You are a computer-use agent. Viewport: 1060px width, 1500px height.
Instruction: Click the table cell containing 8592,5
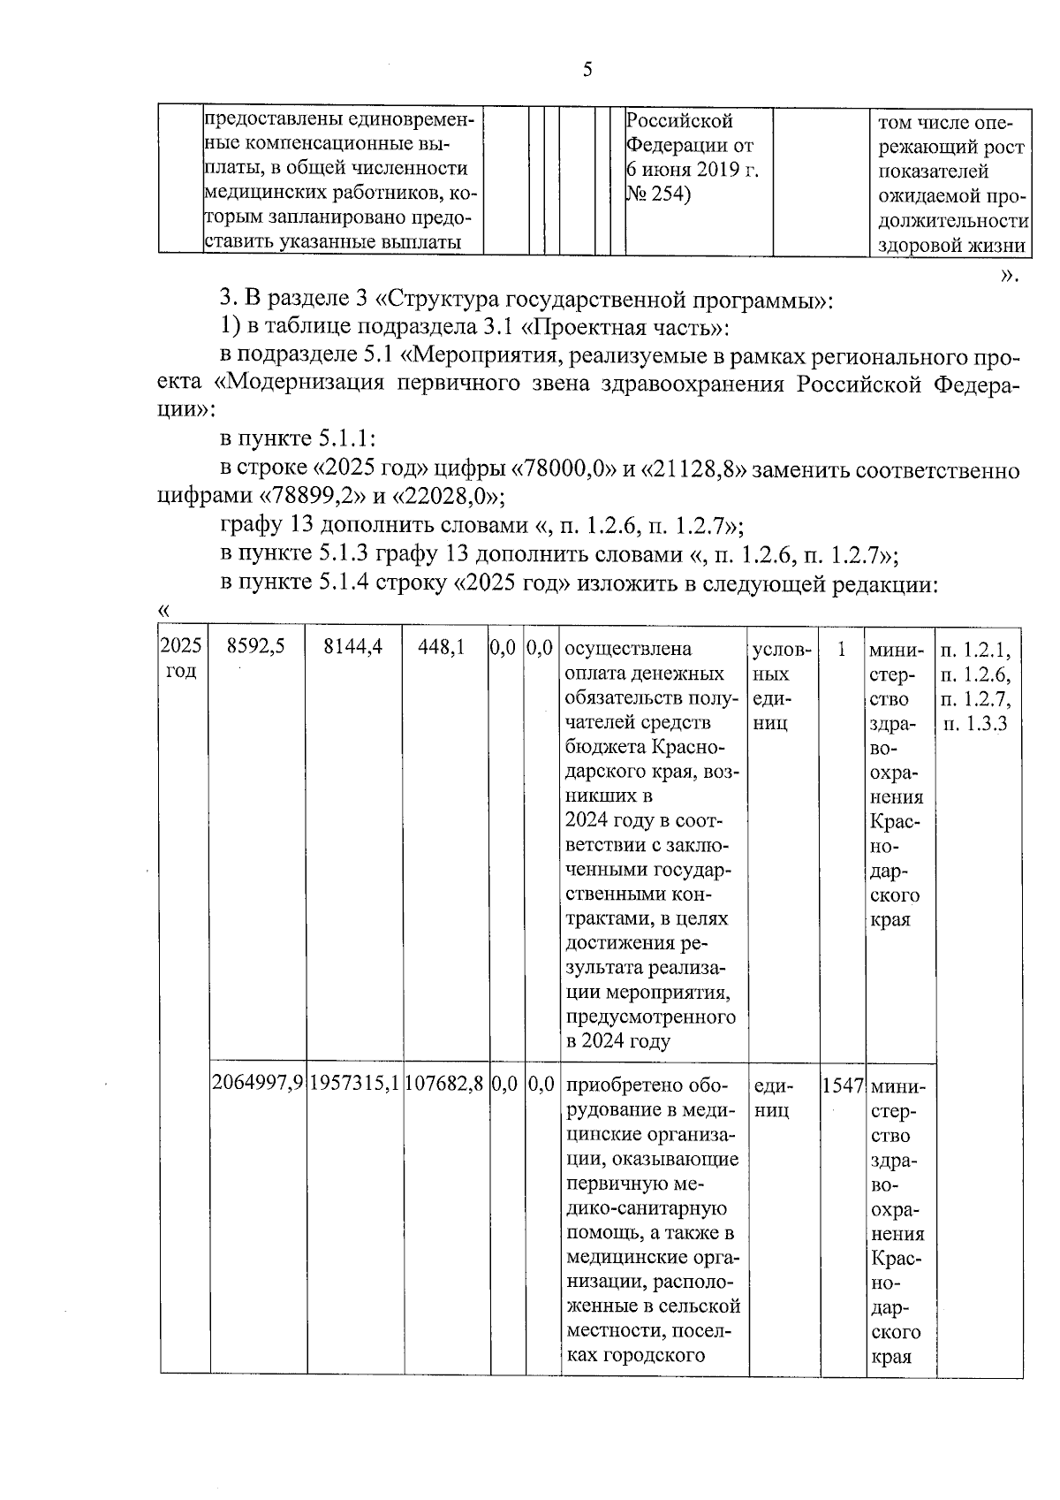point(255,648)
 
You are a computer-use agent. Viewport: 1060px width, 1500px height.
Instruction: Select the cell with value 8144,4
point(353,648)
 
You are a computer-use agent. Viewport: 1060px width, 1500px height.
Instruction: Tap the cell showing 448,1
point(445,648)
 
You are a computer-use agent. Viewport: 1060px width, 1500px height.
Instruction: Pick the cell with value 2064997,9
point(258,1085)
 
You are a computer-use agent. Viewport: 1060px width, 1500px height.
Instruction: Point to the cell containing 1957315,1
point(355,1085)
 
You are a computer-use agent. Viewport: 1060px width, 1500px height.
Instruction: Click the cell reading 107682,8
point(445,1085)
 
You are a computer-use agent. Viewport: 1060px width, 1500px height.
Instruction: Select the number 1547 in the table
point(841,1085)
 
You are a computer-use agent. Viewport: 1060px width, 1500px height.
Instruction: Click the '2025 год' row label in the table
point(182,659)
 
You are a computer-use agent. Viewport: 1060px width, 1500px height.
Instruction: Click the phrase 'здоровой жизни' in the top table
point(950,245)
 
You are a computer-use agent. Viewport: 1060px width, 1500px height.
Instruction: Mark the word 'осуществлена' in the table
point(627,649)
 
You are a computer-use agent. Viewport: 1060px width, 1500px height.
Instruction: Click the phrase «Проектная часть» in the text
point(624,328)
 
